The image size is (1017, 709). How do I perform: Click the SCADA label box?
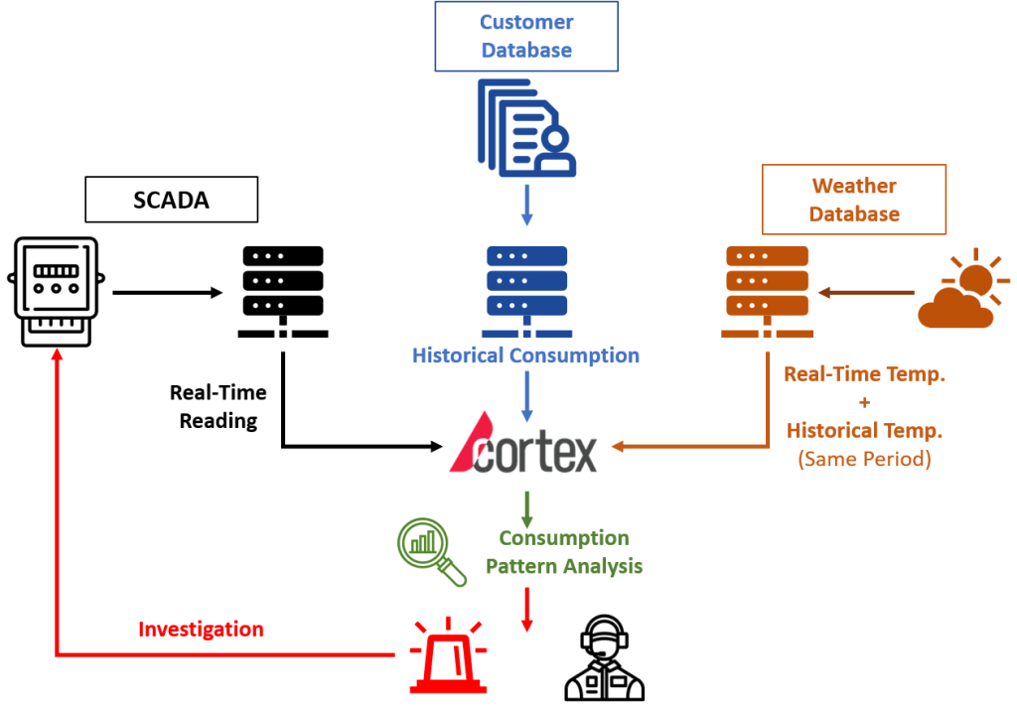[172, 199]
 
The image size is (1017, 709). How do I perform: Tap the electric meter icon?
[56, 290]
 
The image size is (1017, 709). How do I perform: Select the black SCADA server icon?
[283, 290]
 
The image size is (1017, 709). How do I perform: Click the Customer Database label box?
[526, 36]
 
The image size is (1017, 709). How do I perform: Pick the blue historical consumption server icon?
[526, 290]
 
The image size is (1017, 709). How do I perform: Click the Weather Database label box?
[854, 200]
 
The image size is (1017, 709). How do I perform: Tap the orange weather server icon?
[768, 290]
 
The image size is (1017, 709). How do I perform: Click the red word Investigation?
[201, 630]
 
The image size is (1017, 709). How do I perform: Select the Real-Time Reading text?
[218, 406]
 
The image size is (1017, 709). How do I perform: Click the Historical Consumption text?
[526, 355]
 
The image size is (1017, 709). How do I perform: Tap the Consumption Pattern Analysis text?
[563, 552]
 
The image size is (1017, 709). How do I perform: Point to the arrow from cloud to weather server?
[866, 292]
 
